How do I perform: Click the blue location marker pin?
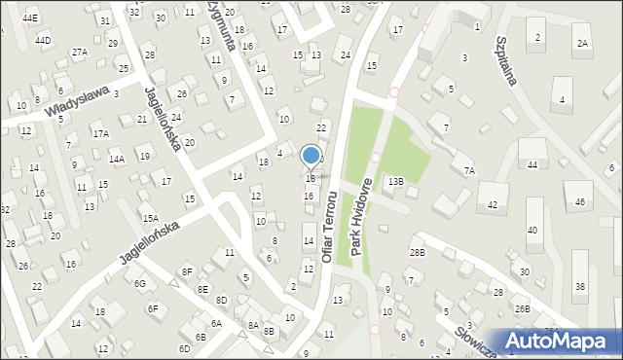click(311, 156)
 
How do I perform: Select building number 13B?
click(395, 181)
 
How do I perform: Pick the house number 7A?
click(469, 170)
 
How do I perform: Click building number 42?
click(493, 205)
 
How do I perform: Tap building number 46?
click(580, 201)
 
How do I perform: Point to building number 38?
click(580, 286)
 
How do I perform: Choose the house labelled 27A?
click(79, 52)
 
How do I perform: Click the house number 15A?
click(150, 219)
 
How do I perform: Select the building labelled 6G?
click(140, 283)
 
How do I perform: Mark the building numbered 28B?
click(418, 253)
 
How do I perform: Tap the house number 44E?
click(30, 18)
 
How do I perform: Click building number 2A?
click(582, 43)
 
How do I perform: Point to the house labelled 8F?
click(188, 271)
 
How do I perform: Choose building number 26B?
click(523, 308)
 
